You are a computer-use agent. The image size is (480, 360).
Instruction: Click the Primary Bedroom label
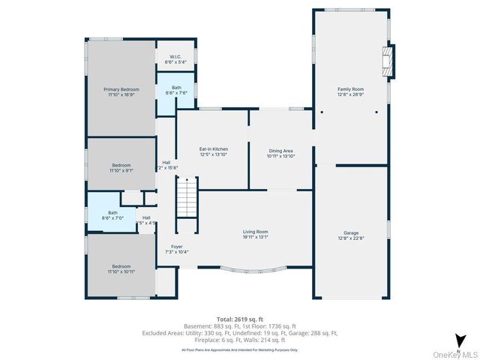point(121,89)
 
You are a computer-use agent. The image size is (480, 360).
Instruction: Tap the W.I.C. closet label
point(175,56)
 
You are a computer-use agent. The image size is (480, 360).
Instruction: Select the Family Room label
point(350,89)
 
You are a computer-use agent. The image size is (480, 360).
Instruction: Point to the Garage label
point(350,233)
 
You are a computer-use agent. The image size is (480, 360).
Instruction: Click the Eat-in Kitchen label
point(213,149)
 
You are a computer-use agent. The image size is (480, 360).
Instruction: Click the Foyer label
point(177,247)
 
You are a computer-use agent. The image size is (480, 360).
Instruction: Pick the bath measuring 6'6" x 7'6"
point(175,90)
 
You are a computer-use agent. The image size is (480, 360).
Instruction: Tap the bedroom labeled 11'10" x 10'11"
point(121,266)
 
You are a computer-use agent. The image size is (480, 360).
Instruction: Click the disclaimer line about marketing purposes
point(240,349)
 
